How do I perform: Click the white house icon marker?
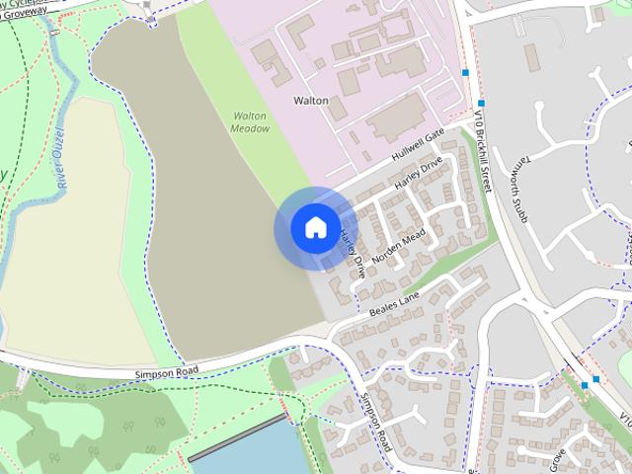tap(314, 227)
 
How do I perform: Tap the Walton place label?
tap(311, 100)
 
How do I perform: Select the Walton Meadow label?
tap(250, 121)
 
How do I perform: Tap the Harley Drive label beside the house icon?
tap(351, 253)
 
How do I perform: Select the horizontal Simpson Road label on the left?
tap(166, 372)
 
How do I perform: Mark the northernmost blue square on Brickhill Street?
tap(465, 72)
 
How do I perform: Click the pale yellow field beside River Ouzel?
tap(69, 237)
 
